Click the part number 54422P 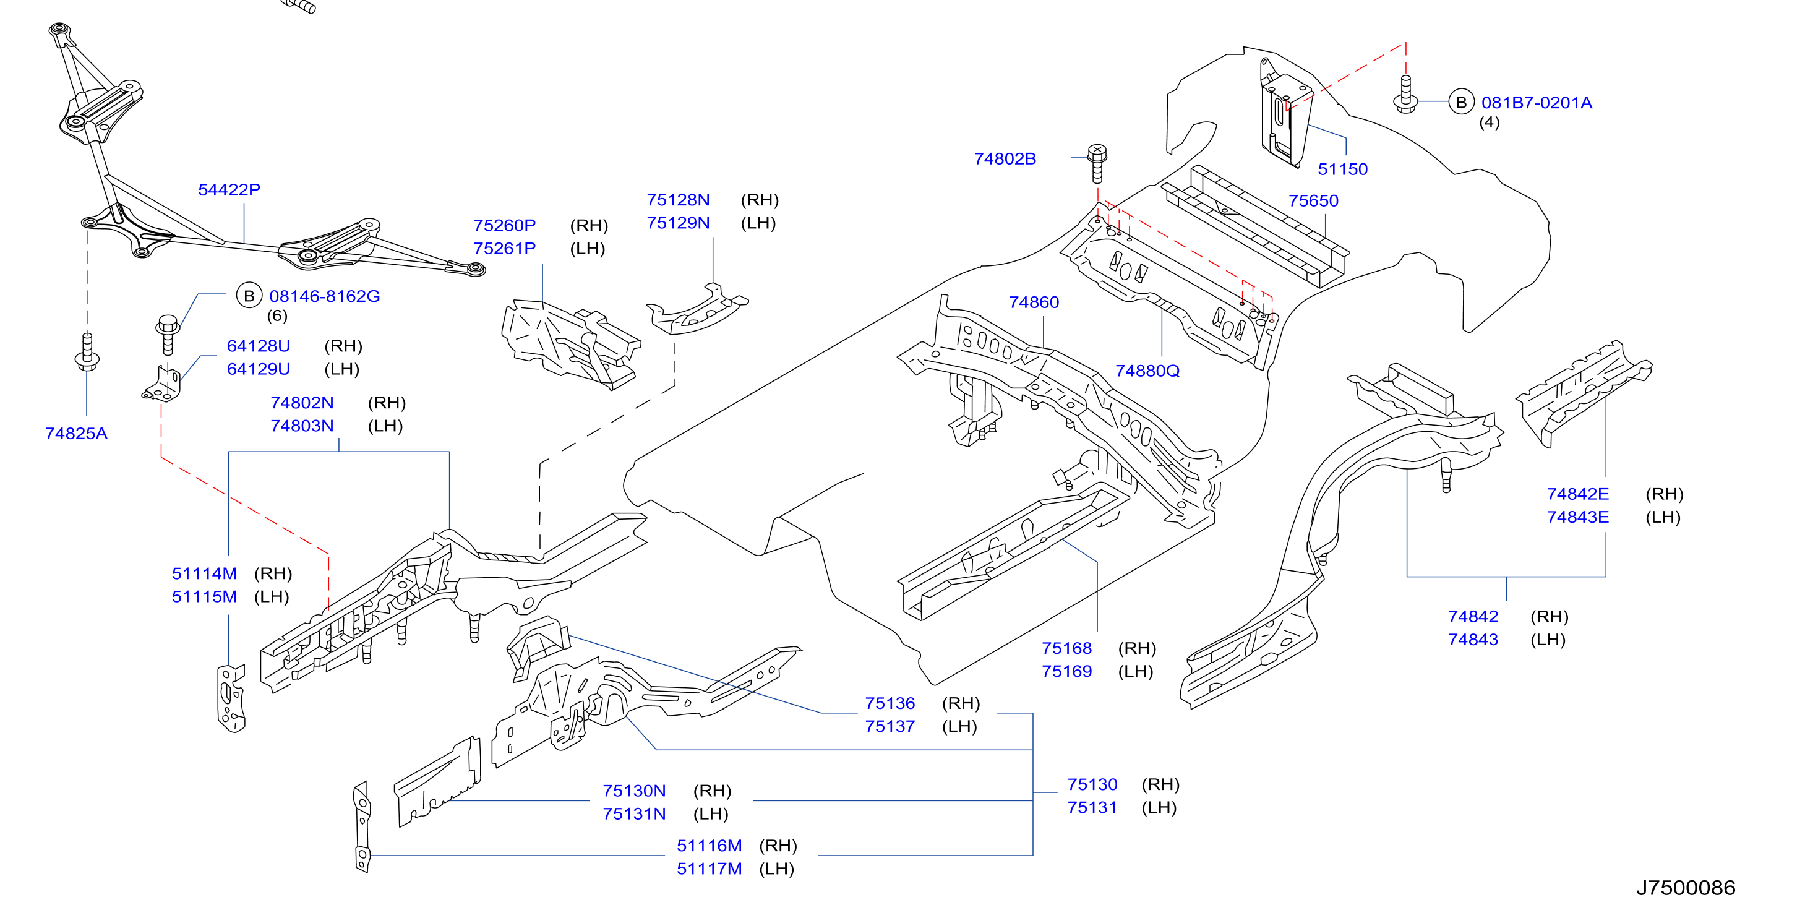229,190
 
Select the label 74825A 76,434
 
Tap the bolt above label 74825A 87,353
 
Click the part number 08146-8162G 324,296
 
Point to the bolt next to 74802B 1097,163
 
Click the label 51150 1342,169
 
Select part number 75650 1313,201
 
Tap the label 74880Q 1147,371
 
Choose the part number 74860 1034,302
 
